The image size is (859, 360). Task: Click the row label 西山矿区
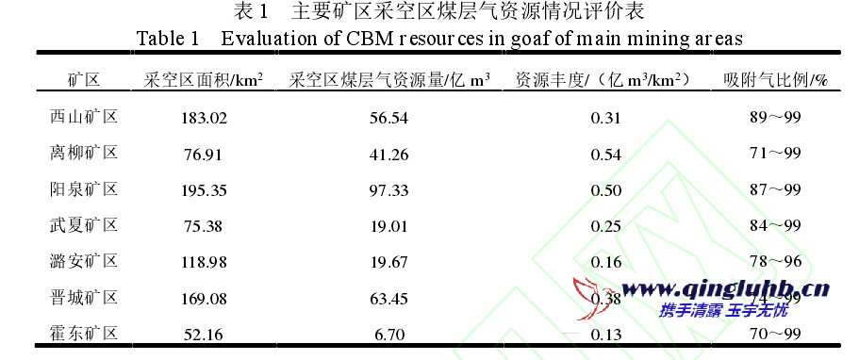[83, 117]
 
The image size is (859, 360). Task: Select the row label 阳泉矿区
[83, 189]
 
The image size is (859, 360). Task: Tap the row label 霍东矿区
[83, 333]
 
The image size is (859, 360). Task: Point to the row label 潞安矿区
[83, 261]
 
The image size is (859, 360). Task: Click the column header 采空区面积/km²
[204, 80]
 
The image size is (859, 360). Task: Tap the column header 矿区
[83, 80]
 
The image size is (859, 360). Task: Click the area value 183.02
[205, 118]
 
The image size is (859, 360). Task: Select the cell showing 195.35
[205, 190]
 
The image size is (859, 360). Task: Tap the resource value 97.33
[388, 190]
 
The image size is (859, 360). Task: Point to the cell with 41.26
[388, 154]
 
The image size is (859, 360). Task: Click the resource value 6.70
[388, 334]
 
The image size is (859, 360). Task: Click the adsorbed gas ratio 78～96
[772, 262]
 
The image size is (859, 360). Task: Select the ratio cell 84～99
[772, 226]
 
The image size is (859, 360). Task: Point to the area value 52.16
[205, 334]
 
